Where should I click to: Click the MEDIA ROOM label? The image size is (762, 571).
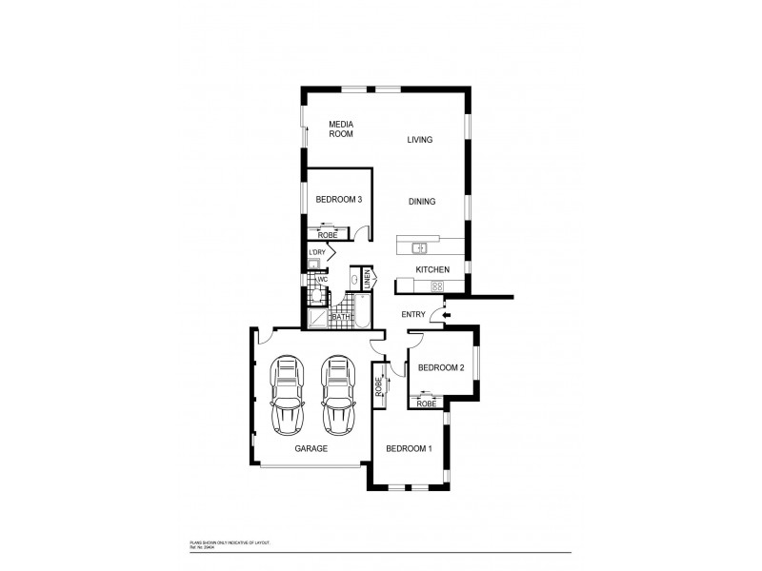coord(341,129)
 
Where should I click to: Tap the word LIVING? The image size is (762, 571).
coord(420,140)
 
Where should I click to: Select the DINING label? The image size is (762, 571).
coord(422,202)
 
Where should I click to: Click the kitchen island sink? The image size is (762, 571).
coord(419,248)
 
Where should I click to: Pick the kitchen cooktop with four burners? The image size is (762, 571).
coord(439,285)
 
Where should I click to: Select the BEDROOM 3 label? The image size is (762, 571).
coord(339,200)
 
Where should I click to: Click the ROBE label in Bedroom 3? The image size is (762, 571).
coord(326,235)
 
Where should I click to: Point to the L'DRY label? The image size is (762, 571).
coord(316,252)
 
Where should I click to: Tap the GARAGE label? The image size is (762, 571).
coord(311,447)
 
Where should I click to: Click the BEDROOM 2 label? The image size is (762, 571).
coord(441,367)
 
